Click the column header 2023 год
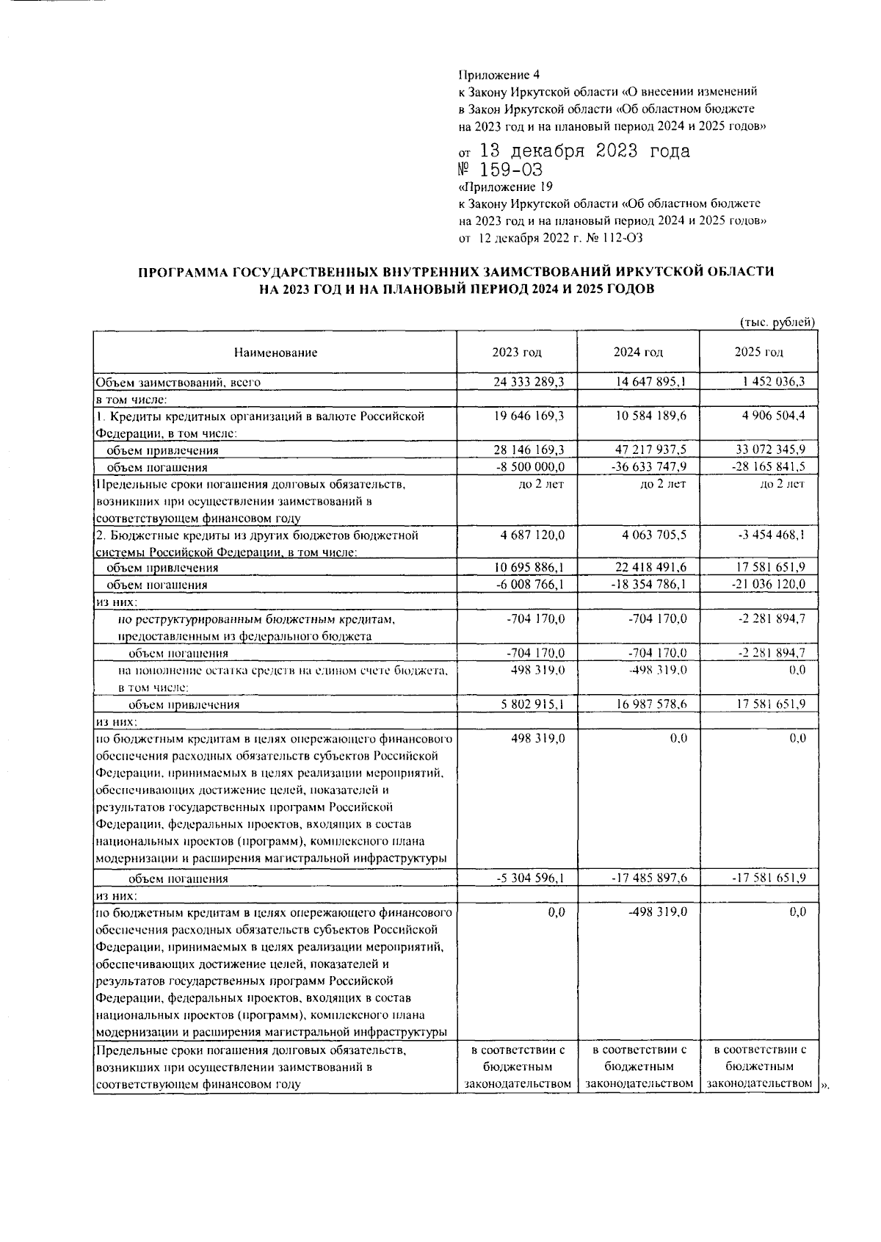(517, 353)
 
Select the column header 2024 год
(638, 353)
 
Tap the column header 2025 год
(758, 353)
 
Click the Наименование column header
(275, 353)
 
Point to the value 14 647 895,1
(649, 382)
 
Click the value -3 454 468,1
(771, 535)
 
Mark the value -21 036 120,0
(769, 585)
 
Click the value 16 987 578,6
(649, 704)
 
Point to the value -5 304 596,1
(529, 878)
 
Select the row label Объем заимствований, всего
(178, 382)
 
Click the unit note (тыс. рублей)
(776, 322)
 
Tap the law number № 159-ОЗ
(499, 170)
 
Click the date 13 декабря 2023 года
(584, 152)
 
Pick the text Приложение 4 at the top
(498, 75)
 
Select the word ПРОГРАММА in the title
(182, 272)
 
